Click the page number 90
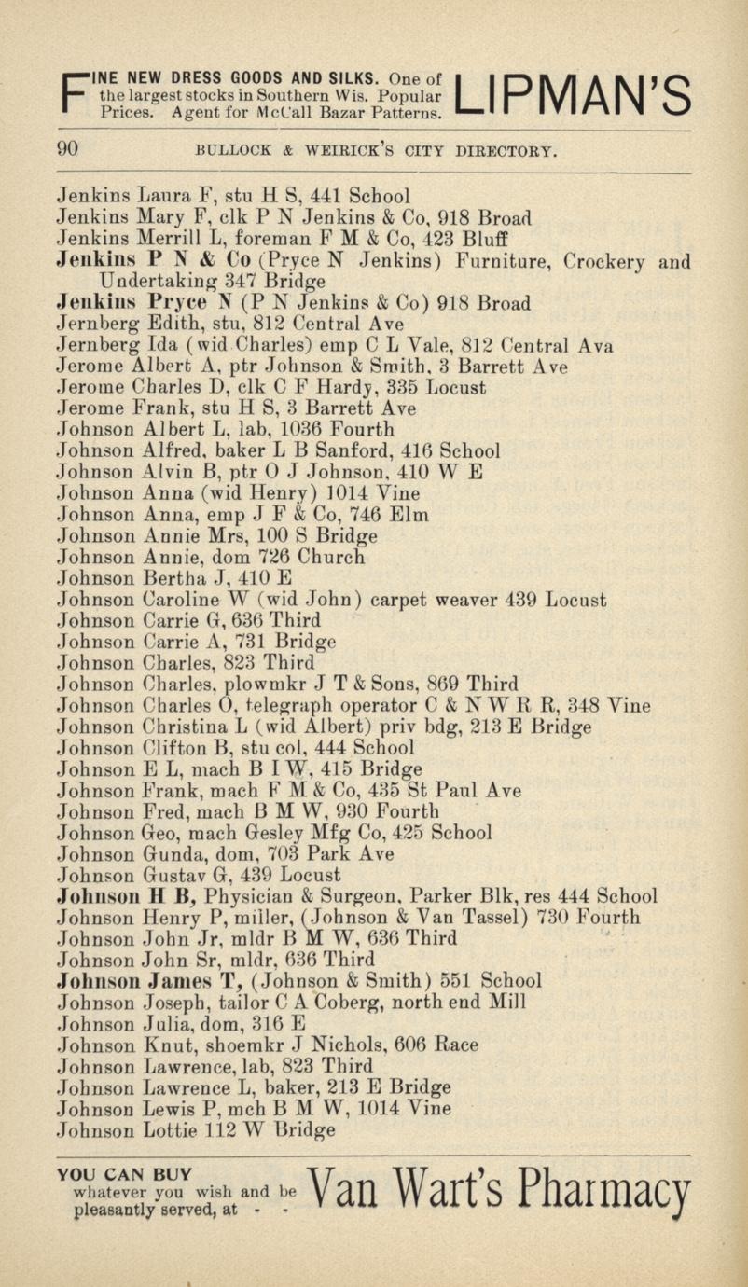[x=67, y=149]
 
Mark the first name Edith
[x=170, y=325]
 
